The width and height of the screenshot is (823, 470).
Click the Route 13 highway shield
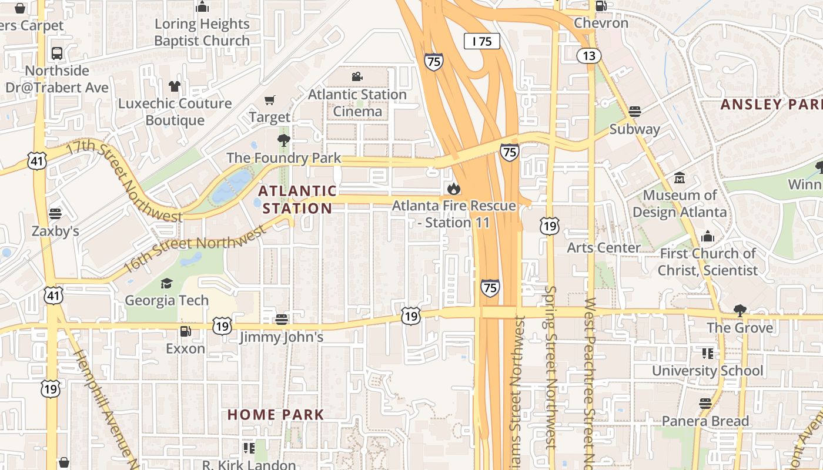pos(589,56)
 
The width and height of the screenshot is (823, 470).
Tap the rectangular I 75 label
pos(481,41)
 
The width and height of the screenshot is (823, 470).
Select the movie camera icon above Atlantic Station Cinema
pos(357,77)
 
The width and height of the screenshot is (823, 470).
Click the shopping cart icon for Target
pos(269,100)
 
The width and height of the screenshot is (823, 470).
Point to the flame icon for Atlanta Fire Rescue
pos(453,189)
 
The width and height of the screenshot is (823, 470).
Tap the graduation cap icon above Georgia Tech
pos(167,283)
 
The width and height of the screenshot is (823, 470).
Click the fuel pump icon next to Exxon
pos(185,331)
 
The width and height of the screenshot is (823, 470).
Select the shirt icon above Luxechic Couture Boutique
pos(174,86)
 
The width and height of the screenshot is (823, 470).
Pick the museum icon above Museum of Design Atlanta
pos(680,177)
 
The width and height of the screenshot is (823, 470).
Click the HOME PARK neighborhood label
pos(276,415)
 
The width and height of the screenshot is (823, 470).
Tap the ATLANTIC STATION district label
pos(297,200)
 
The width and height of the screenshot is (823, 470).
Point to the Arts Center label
pos(603,248)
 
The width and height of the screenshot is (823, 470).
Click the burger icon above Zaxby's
pos(55,213)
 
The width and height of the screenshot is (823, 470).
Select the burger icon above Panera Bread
pos(705,404)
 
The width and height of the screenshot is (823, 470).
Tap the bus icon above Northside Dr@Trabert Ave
pos(57,53)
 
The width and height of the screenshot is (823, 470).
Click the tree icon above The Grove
pos(740,310)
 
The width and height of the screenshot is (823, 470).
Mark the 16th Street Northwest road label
pos(194,251)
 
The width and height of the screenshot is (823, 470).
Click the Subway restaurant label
pos(634,129)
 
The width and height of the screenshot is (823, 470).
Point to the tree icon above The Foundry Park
pos(284,140)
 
